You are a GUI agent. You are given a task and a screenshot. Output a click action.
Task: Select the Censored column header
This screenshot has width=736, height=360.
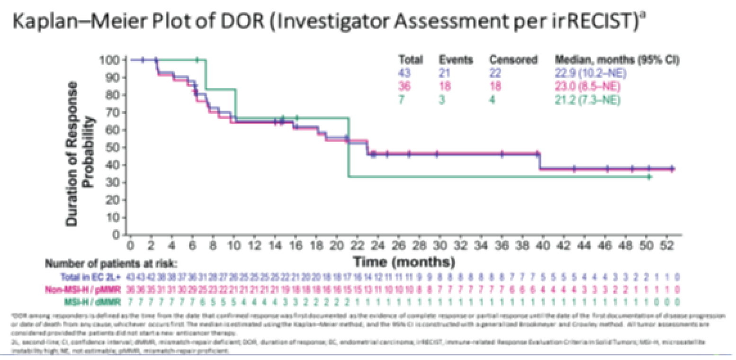513,60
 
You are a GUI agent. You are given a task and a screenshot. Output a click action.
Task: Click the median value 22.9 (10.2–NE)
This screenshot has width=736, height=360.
586,74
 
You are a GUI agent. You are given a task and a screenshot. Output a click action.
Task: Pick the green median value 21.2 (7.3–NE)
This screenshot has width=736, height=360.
583,100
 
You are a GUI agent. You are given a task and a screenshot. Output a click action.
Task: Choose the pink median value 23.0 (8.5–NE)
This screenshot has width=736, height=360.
585,87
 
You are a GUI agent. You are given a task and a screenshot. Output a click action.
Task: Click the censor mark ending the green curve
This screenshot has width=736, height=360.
649,177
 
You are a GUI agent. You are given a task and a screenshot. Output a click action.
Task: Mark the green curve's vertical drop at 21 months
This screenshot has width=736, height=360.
349,147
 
